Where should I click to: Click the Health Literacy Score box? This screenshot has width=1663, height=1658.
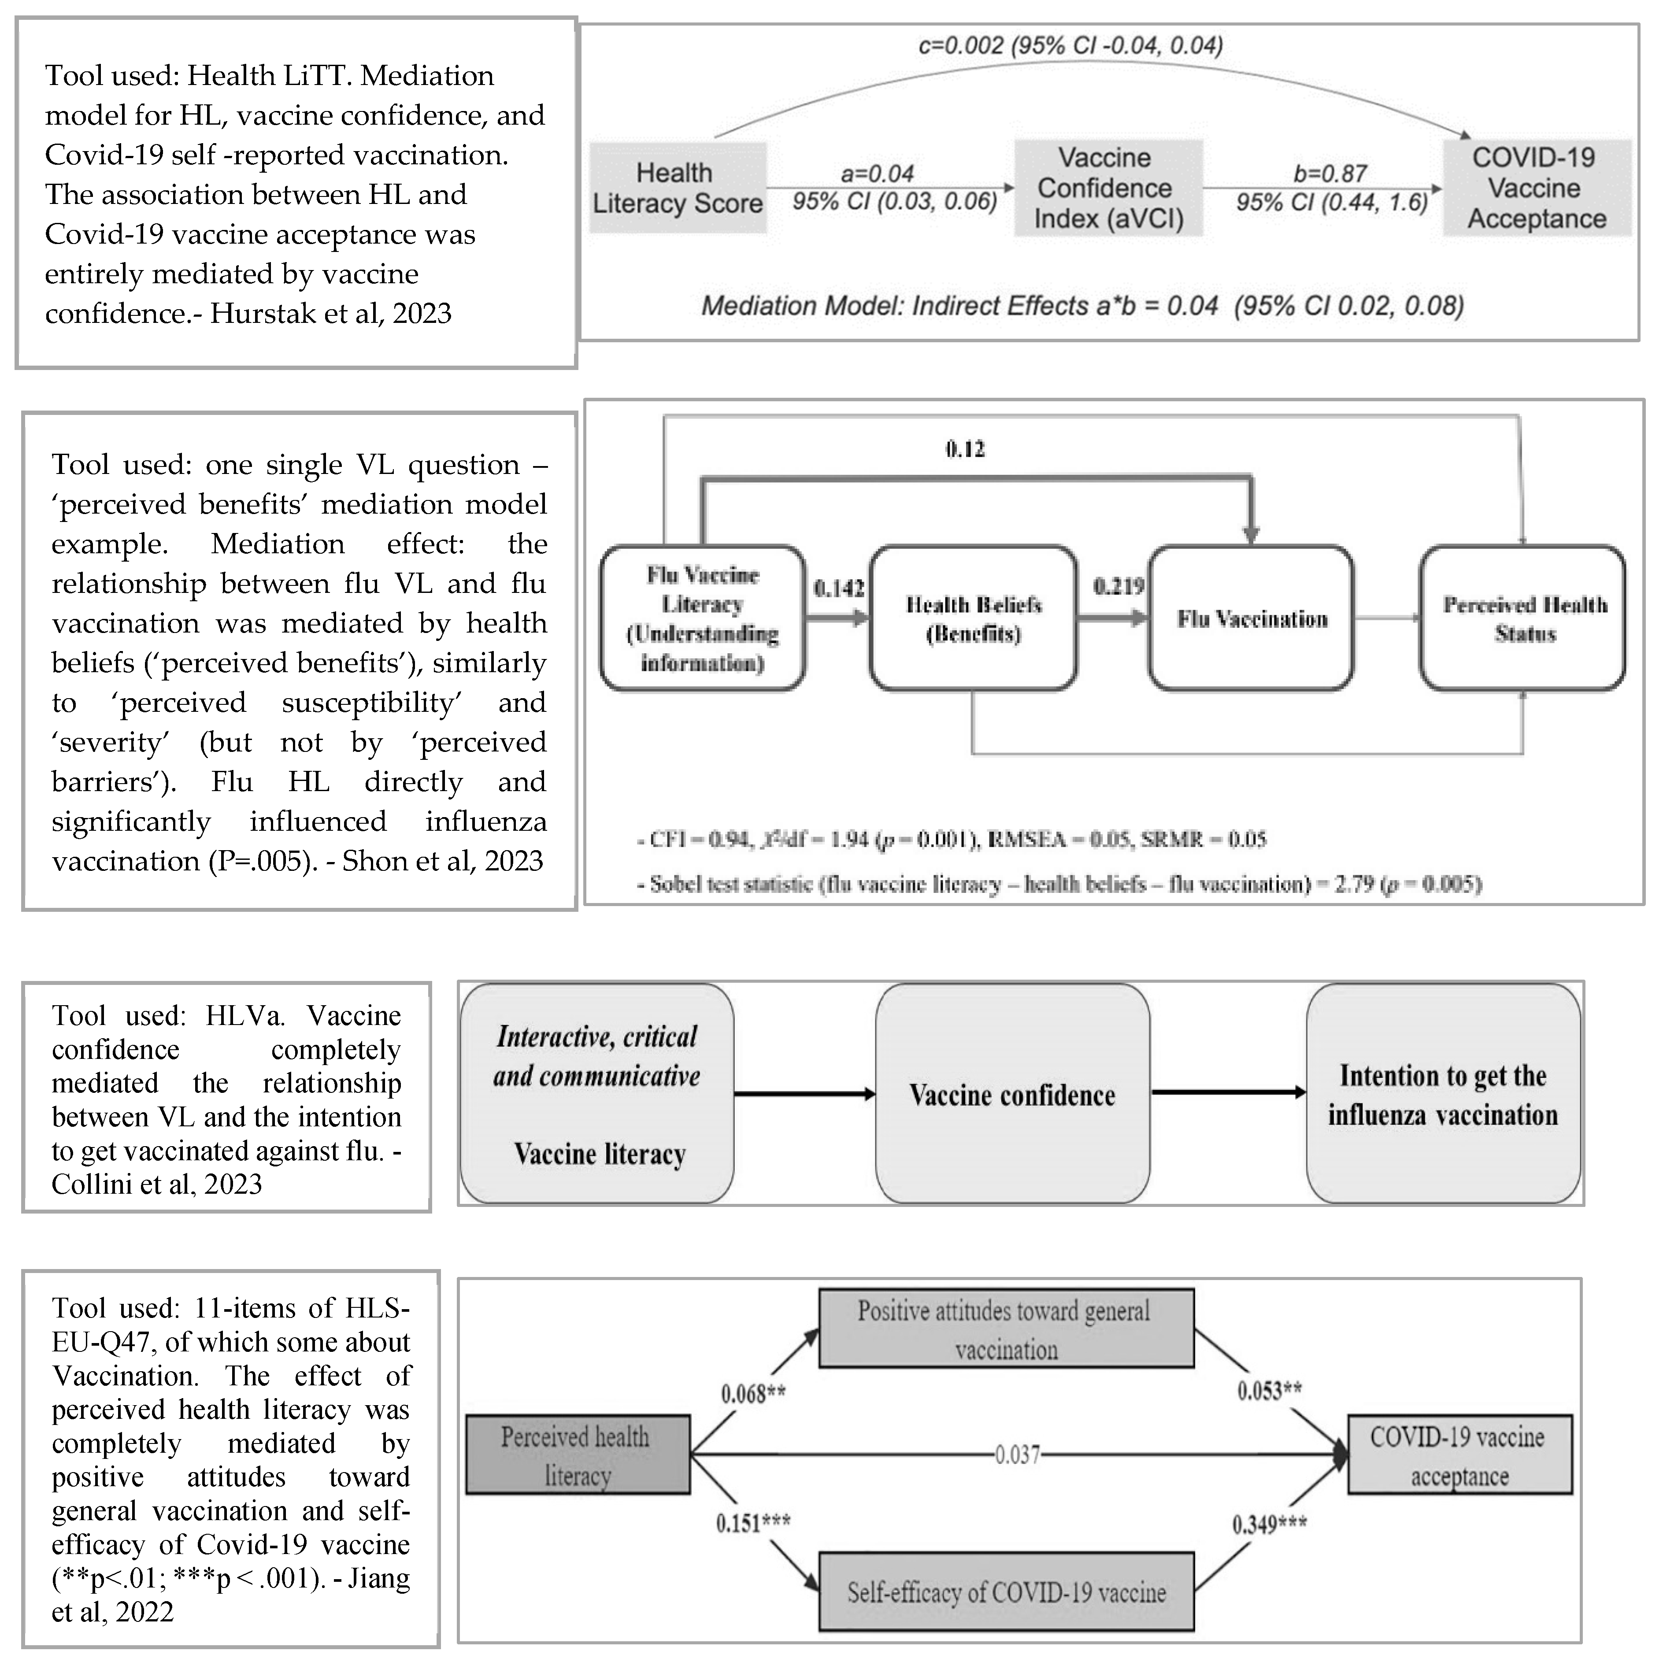pos(678,188)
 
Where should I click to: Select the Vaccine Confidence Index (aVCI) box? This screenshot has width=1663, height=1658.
pos(1108,188)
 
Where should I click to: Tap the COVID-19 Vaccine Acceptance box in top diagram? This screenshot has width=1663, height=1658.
pos(1537,188)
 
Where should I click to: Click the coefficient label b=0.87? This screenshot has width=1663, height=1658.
pos(1330,174)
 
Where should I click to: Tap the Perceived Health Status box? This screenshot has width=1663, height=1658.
pos(1523,618)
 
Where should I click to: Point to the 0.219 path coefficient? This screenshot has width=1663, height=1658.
pos(1118,586)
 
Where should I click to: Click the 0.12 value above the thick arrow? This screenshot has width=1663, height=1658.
pos(965,448)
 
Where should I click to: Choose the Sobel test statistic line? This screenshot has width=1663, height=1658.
pos(1059,884)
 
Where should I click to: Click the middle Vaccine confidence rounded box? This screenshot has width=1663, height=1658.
pos(1012,1094)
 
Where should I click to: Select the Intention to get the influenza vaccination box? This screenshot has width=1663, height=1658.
pos(1443,1094)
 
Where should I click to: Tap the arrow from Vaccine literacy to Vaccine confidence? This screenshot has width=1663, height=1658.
pos(805,1094)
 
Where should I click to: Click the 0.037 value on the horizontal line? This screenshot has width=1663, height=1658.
pos(1018,1455)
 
